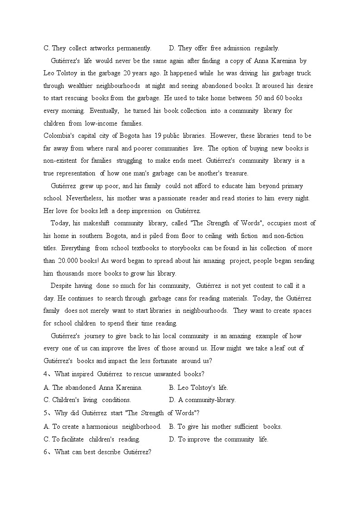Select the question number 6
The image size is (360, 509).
pyautogui.click(x=46, y=452)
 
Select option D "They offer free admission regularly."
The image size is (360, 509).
pyautogui.click(x=224, y=48)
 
